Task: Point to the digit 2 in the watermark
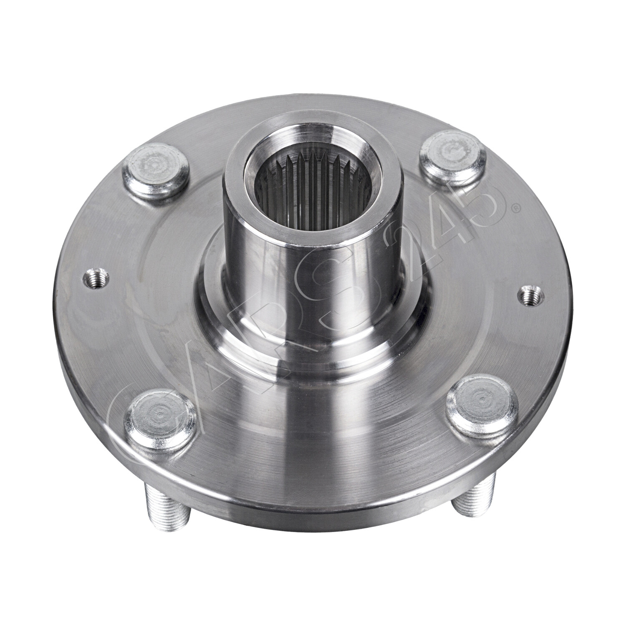407,250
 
